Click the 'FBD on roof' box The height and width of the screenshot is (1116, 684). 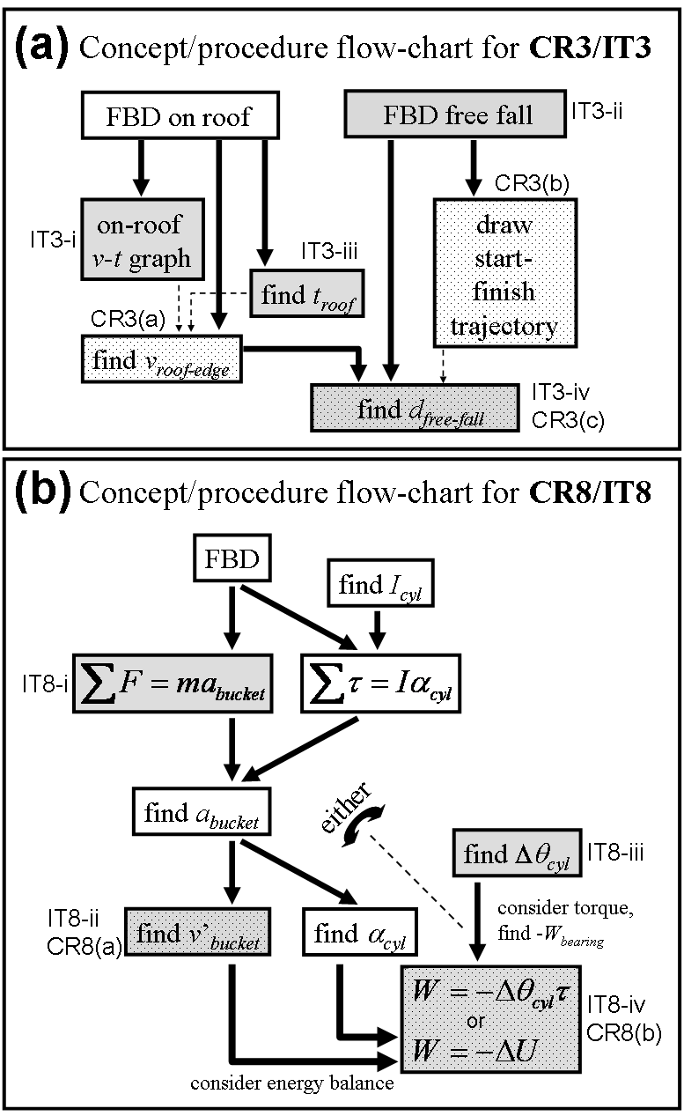coord(180,115)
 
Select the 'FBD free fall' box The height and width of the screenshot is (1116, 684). coord(455,114)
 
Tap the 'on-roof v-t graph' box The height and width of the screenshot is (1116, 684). coord(143,240)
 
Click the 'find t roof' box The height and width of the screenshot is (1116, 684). coord(307,294)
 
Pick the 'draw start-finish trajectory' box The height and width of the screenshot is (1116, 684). coord(505,273)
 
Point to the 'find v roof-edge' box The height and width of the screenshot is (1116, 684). coord(162,359)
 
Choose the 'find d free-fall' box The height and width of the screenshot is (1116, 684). coord(415,408)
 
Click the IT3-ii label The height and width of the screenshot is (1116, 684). coord(597,111)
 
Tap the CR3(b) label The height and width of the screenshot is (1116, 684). coord(532,183)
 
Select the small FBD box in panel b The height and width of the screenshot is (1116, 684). coord(232,558)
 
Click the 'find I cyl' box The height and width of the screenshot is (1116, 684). coord(380,583)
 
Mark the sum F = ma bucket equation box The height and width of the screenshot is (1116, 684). coord(173,684)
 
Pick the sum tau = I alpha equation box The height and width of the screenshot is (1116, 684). coord(381,684)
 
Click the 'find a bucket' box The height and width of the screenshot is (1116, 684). coord(202,811)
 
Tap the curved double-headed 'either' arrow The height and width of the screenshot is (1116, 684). coord(364,826)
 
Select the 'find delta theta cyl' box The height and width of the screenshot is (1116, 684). coord(518,853)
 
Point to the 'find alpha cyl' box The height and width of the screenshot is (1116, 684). coord(360,932)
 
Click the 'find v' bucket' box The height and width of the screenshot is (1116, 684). coord(198,932)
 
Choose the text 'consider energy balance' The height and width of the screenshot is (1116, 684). coord(292,1083)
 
